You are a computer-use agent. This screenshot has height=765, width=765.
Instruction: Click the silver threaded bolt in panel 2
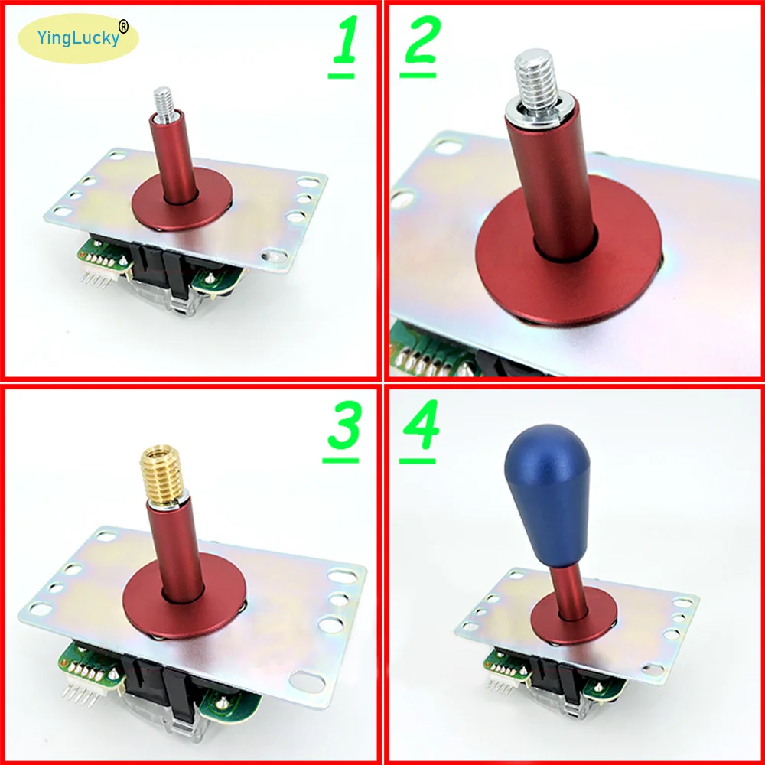pos(533,76)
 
